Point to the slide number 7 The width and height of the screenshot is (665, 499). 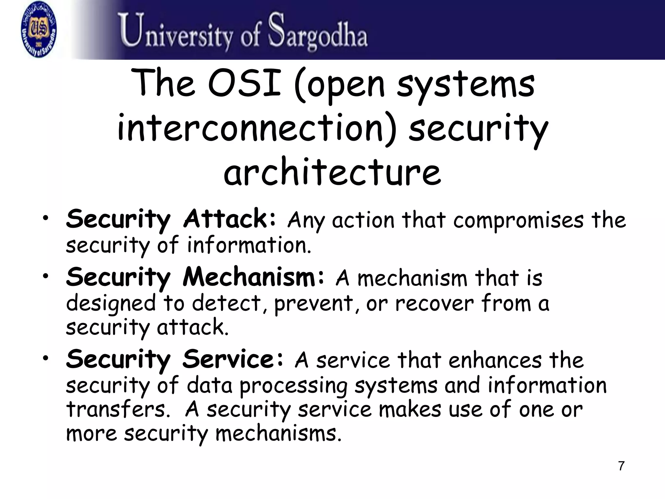pyautogui.click(x=621, y=466)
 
